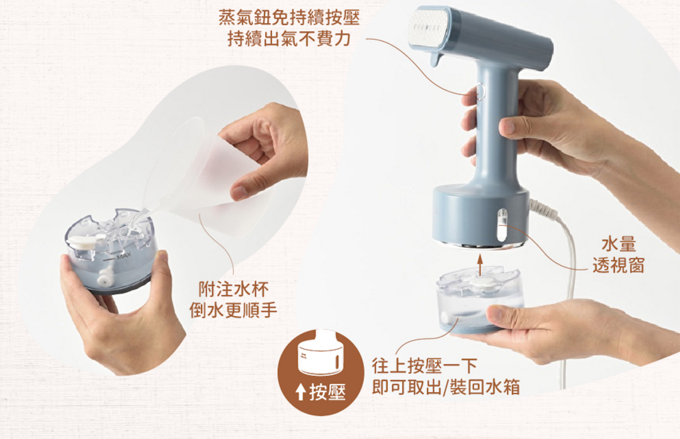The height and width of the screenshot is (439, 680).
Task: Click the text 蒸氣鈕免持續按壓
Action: click(289, 18)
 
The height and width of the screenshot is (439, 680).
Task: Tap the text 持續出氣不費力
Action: click(289, 38)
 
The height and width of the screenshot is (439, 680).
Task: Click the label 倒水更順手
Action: click(234, 310)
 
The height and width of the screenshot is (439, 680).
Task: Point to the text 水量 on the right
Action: click(619, 244)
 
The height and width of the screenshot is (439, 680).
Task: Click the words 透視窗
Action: click(619, 265)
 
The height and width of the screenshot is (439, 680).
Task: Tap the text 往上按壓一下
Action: click(424, 366)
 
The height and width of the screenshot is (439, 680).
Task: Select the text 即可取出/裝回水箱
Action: click(446, 387)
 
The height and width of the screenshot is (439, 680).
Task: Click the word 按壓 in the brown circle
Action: click(327, 393)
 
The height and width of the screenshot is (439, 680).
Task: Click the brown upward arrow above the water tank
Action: click(479, 265)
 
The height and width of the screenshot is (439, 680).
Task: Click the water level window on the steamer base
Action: click(502, 225)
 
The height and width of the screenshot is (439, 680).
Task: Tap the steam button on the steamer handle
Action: click(480, 92)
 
